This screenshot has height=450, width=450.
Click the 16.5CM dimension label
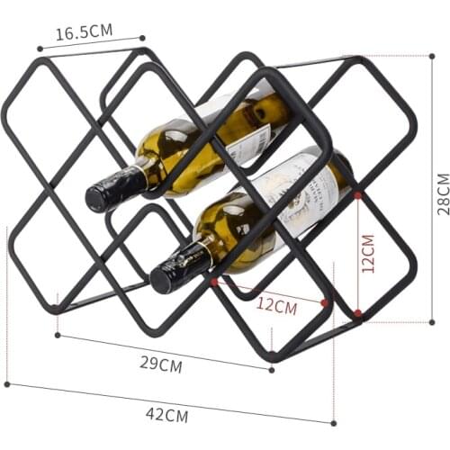coord(85,31)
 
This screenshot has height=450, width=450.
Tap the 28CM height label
coord(440,189)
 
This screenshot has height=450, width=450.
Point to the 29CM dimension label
coord(161,364)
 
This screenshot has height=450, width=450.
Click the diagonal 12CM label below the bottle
coord(276,305)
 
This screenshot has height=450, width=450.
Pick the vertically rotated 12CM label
coord(367,255)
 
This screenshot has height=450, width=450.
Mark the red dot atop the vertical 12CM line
coord(358,194)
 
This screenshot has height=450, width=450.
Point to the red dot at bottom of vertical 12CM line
coord(358,313)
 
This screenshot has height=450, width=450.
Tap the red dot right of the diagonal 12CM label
coord(325,303)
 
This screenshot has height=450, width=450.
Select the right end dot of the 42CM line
coord(333,421)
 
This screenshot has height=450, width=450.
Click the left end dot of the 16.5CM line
coord(39,49)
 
